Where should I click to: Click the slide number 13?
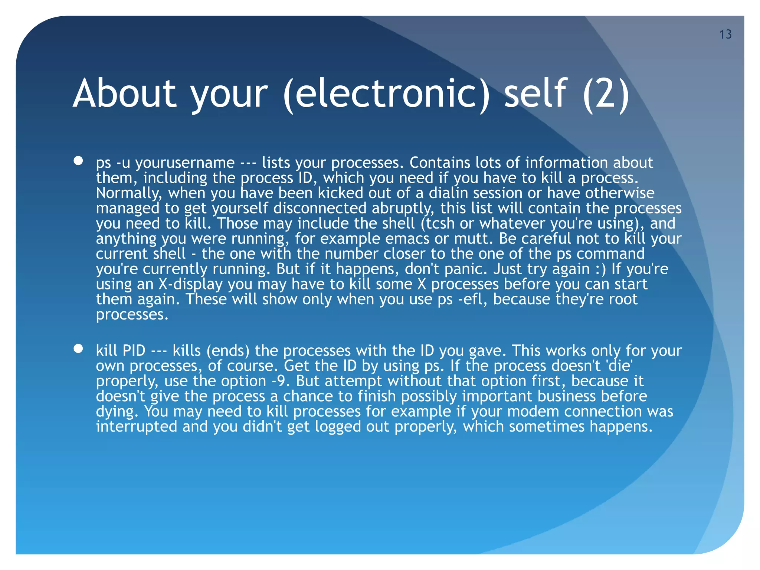725,35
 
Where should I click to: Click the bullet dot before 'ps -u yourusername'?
78,161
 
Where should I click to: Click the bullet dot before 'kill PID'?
78,348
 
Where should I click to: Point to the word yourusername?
185,163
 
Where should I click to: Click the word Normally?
130,193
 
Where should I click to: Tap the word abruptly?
403,208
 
